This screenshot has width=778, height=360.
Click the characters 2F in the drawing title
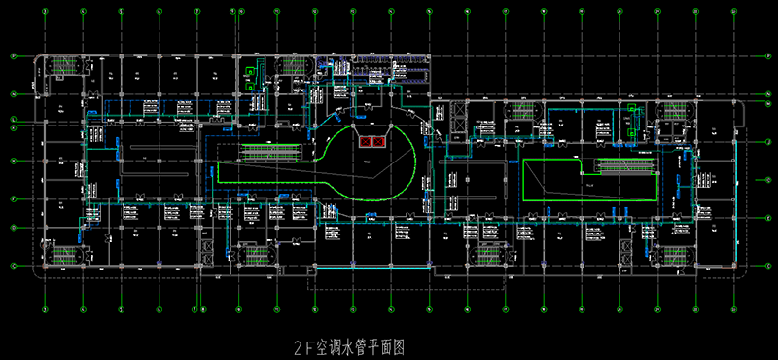click(x=301, y=345)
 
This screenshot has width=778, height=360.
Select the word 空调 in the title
click(x=327, y=345)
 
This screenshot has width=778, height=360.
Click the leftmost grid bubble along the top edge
click(x=45, y=13)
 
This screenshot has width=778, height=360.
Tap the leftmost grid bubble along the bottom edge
click(x=45, y=310)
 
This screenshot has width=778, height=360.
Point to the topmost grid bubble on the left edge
click(x=13, y=56)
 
